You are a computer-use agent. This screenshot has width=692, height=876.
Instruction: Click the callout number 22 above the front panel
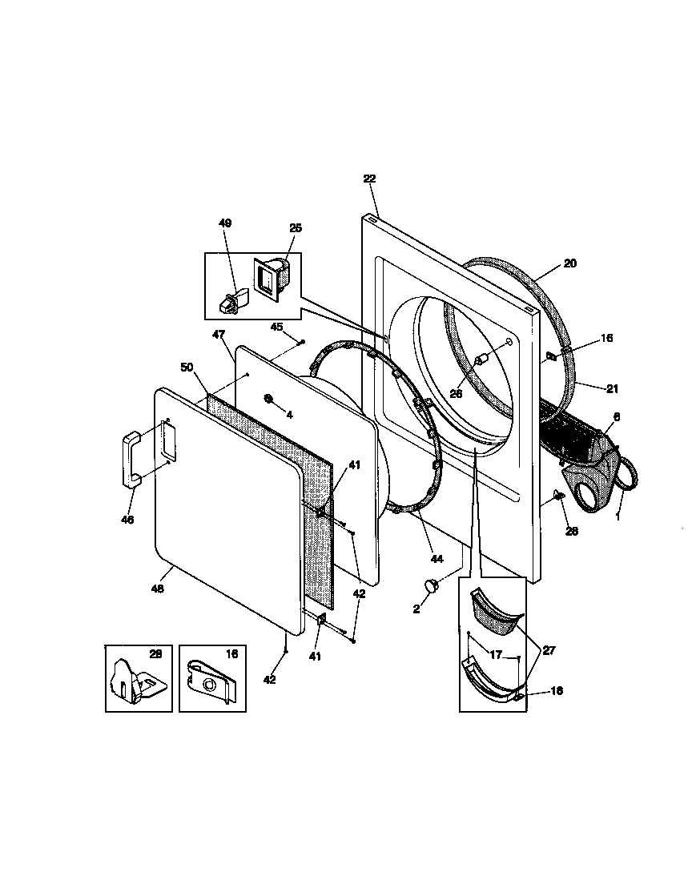(369, 179)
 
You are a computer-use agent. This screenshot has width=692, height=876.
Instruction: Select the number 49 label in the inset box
(225, 223)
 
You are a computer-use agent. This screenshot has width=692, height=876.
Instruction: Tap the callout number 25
(296, 228)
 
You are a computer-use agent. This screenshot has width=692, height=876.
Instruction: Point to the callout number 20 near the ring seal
(570, 263)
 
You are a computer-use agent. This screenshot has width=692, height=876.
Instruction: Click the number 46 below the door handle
(127, 520)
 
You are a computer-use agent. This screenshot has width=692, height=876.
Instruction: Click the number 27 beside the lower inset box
(549, 651)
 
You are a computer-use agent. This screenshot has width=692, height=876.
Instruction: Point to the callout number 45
(276, 327)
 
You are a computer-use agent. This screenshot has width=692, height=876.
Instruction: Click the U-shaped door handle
(131, 457)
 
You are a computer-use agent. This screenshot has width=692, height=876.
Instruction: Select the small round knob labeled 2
(433, 586)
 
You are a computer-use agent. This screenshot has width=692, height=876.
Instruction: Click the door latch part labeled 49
(231, 302)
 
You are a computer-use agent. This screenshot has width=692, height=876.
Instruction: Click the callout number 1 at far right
(618, 516)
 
